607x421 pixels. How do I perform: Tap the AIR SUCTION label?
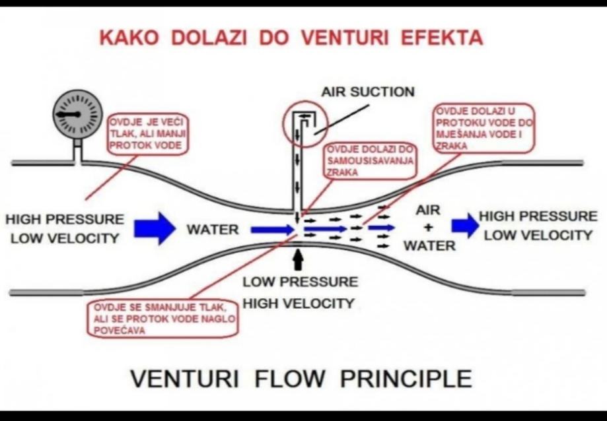(368, 92)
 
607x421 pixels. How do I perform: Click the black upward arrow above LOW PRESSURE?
(299, 257)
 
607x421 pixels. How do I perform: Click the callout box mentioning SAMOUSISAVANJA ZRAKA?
(370, 160)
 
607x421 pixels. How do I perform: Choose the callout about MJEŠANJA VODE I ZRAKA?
(483, 129)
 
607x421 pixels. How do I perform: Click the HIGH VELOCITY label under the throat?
(299, 304)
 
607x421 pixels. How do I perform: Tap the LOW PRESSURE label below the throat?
(300, 282)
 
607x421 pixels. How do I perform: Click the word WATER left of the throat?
(212, 230)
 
